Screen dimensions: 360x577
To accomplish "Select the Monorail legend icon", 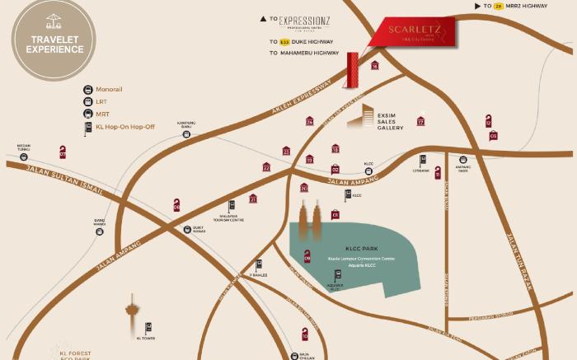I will click(x=87, y=89).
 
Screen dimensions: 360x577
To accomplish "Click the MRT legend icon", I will click(x=87, y=115).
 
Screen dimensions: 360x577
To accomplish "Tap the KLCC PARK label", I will click(x=355, y=246).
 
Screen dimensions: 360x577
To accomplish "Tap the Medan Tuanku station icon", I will click(x=23, y=156).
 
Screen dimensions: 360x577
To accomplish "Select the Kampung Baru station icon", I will click(x=187, y=133).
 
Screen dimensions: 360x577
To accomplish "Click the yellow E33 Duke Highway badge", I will click(x=284, y=41).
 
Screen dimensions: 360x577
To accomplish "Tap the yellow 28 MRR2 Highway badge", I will click(x=498, y=7).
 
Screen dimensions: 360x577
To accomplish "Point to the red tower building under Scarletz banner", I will click(x=353, y=71).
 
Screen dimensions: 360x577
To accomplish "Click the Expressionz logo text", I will click(x=305, y=20).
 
